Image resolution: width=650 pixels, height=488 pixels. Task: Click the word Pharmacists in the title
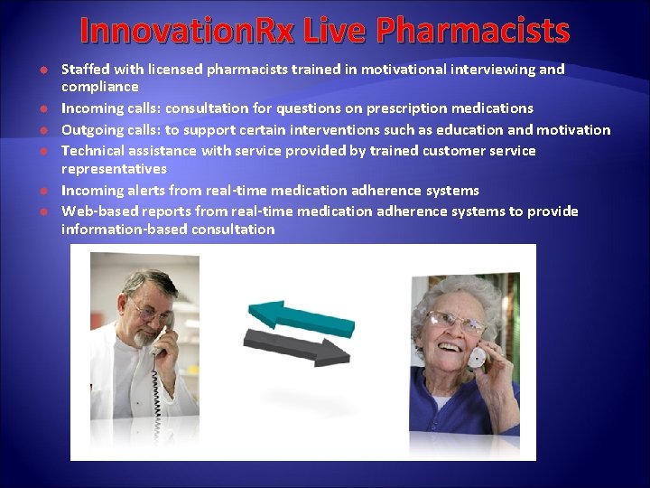473,31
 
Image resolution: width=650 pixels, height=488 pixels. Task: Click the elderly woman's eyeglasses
454,324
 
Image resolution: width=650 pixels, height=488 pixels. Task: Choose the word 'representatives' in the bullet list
114,169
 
